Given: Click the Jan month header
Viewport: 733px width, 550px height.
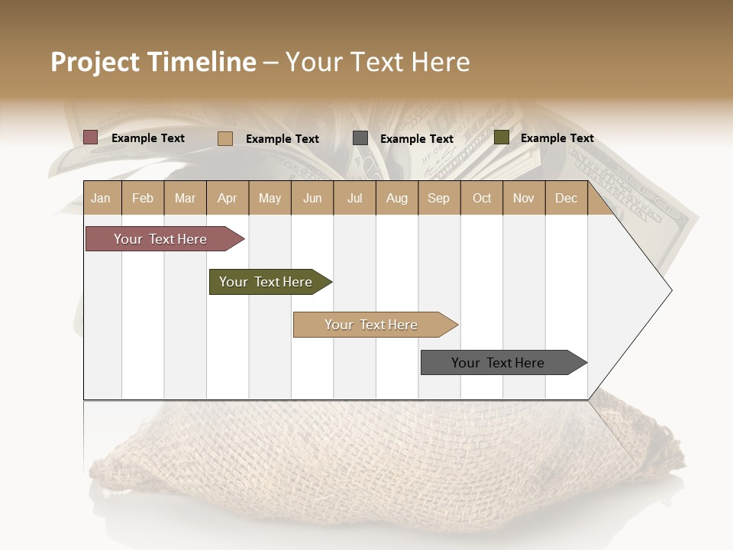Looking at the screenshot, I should coord(101,198).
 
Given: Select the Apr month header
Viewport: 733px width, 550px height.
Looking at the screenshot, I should coord(227,198).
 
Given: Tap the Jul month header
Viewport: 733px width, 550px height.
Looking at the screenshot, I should coord(354,198).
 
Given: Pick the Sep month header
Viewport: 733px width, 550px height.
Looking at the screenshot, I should coord(438,198).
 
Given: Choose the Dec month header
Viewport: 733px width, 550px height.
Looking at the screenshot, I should coord(566,198).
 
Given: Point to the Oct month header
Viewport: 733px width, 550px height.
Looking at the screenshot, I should coord(482,198).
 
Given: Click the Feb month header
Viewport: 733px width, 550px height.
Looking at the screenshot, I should coord(143,198).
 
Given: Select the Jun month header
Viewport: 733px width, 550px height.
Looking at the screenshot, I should coord(312,198).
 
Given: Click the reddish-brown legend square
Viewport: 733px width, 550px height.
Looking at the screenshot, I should coord(91,137).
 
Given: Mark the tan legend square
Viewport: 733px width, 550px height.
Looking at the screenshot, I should coord(225,138).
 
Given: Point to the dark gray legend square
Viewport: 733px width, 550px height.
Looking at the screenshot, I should coord(360,138).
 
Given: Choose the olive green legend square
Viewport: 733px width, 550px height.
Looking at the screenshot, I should coord(501,137).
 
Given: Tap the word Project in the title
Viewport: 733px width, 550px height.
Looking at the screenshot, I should coord(95,62).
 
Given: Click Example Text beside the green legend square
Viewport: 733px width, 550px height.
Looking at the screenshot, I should coord(557,138).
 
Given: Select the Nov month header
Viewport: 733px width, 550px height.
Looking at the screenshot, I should coord(523,198).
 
